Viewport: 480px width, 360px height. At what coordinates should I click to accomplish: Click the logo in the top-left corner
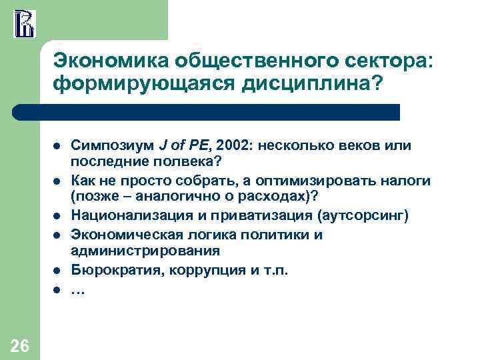click(24, 22)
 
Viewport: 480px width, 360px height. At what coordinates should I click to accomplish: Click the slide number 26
click(19, 345)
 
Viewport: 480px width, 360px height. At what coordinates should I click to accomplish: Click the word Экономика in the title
click(110, 61)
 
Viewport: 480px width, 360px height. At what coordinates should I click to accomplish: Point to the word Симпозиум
click(113, 145)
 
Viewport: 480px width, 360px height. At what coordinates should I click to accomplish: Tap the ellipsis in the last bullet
click(78, 290)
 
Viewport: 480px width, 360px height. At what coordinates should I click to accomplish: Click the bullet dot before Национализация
click(57, 217)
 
